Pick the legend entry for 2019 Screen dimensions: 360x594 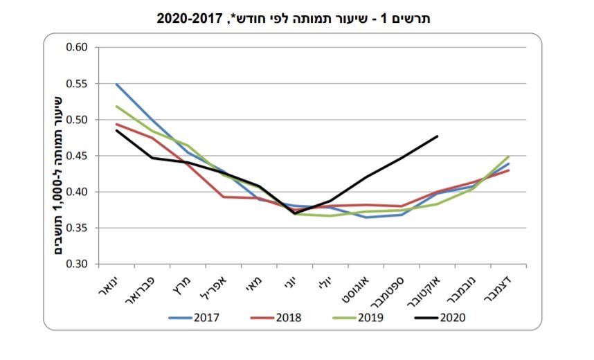coord(356,318)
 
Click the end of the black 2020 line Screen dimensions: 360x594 coord(438,136)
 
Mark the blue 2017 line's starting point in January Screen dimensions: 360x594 coord(116,84)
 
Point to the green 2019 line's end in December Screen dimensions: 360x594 coord(509,156)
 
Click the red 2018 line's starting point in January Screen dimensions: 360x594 coord(116,125)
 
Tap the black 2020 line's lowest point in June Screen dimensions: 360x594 coord(295,213)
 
